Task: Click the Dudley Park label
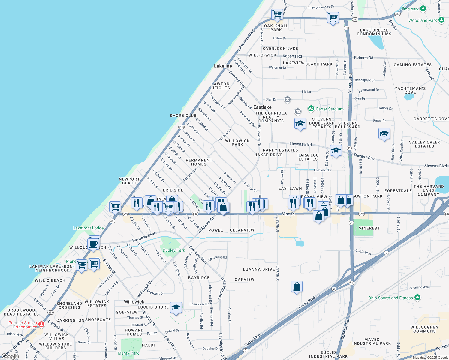point(174,250)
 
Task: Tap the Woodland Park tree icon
point(441,20)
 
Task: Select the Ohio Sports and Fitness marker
point(417,298)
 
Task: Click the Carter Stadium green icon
point(311,109)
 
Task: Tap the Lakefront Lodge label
point(88,228)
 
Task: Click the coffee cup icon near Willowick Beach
point(93,244)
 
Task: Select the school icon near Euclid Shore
point(176,307)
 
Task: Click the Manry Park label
point(128,353)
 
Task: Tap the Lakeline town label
point(223,66)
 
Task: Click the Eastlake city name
point(262,107)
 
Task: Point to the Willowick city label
point(134,302)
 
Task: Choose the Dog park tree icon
point(423,8)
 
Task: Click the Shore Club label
point(183,115)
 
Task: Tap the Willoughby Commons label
point(424,329)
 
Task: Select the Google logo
point(10,356)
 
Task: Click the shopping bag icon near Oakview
point(297,287)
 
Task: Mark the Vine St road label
point(288,214)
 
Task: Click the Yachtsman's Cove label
point(410,90)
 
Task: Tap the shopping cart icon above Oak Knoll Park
point(277,14)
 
